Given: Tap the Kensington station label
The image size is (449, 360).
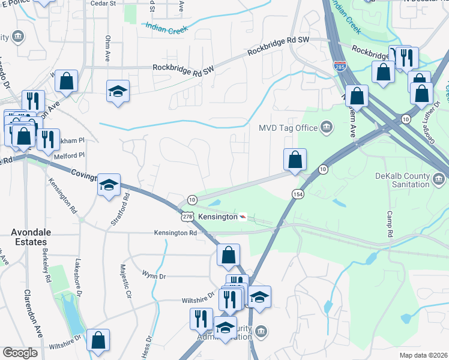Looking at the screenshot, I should [x=218, y=216].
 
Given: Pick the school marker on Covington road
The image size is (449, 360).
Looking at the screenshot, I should [x=109, y=184].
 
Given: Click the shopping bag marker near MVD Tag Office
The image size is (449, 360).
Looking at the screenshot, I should [x=295, y=160].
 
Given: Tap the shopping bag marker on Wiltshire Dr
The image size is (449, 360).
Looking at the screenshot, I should [x=98, y=339].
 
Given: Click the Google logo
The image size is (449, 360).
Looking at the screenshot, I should [x=20, y=353].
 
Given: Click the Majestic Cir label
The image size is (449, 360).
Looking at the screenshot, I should [x=126, y=281].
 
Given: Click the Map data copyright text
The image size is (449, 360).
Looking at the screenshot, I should [x=424, y=355].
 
